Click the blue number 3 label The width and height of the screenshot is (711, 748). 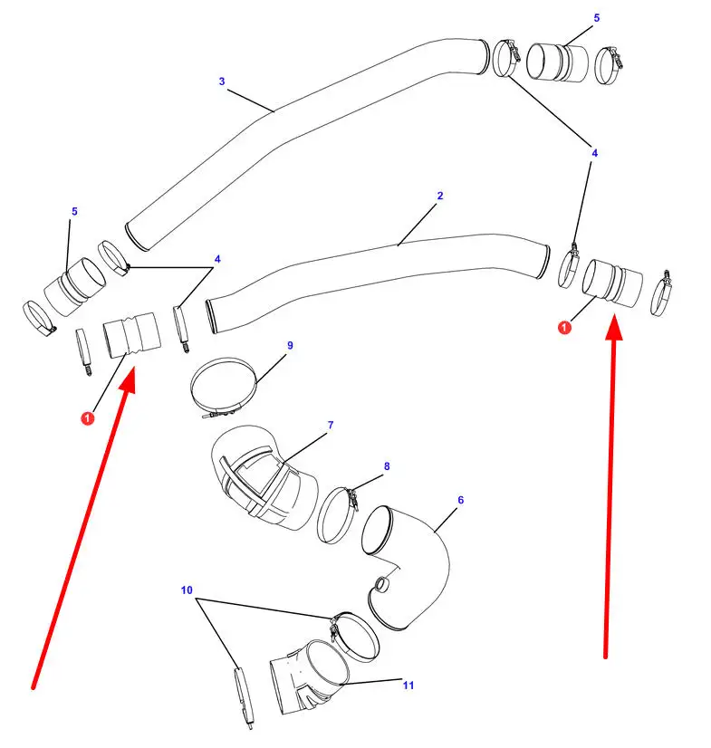click(x=222, y=82)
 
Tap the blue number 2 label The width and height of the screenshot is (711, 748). click(x=440, y=196)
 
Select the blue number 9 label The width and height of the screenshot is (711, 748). click(x=290, y=345)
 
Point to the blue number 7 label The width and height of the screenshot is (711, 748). click(x=331, y=425)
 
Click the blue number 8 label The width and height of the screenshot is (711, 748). click(x=387, y=466)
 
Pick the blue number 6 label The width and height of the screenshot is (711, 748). click(x=460, y=500)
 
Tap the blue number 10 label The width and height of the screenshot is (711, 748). click(x=187, y=590)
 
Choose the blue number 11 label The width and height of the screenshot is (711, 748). click(x=408, y=685)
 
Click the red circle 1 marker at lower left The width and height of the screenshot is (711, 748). click(x=87, y=418)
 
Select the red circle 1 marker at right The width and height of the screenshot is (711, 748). click(x=564, y=328)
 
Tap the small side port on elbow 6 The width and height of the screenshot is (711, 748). click(x=381, y=584)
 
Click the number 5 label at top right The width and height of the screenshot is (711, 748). click(x=597, y=17)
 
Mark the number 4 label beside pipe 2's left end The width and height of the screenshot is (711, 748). click(x=217, y=259)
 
